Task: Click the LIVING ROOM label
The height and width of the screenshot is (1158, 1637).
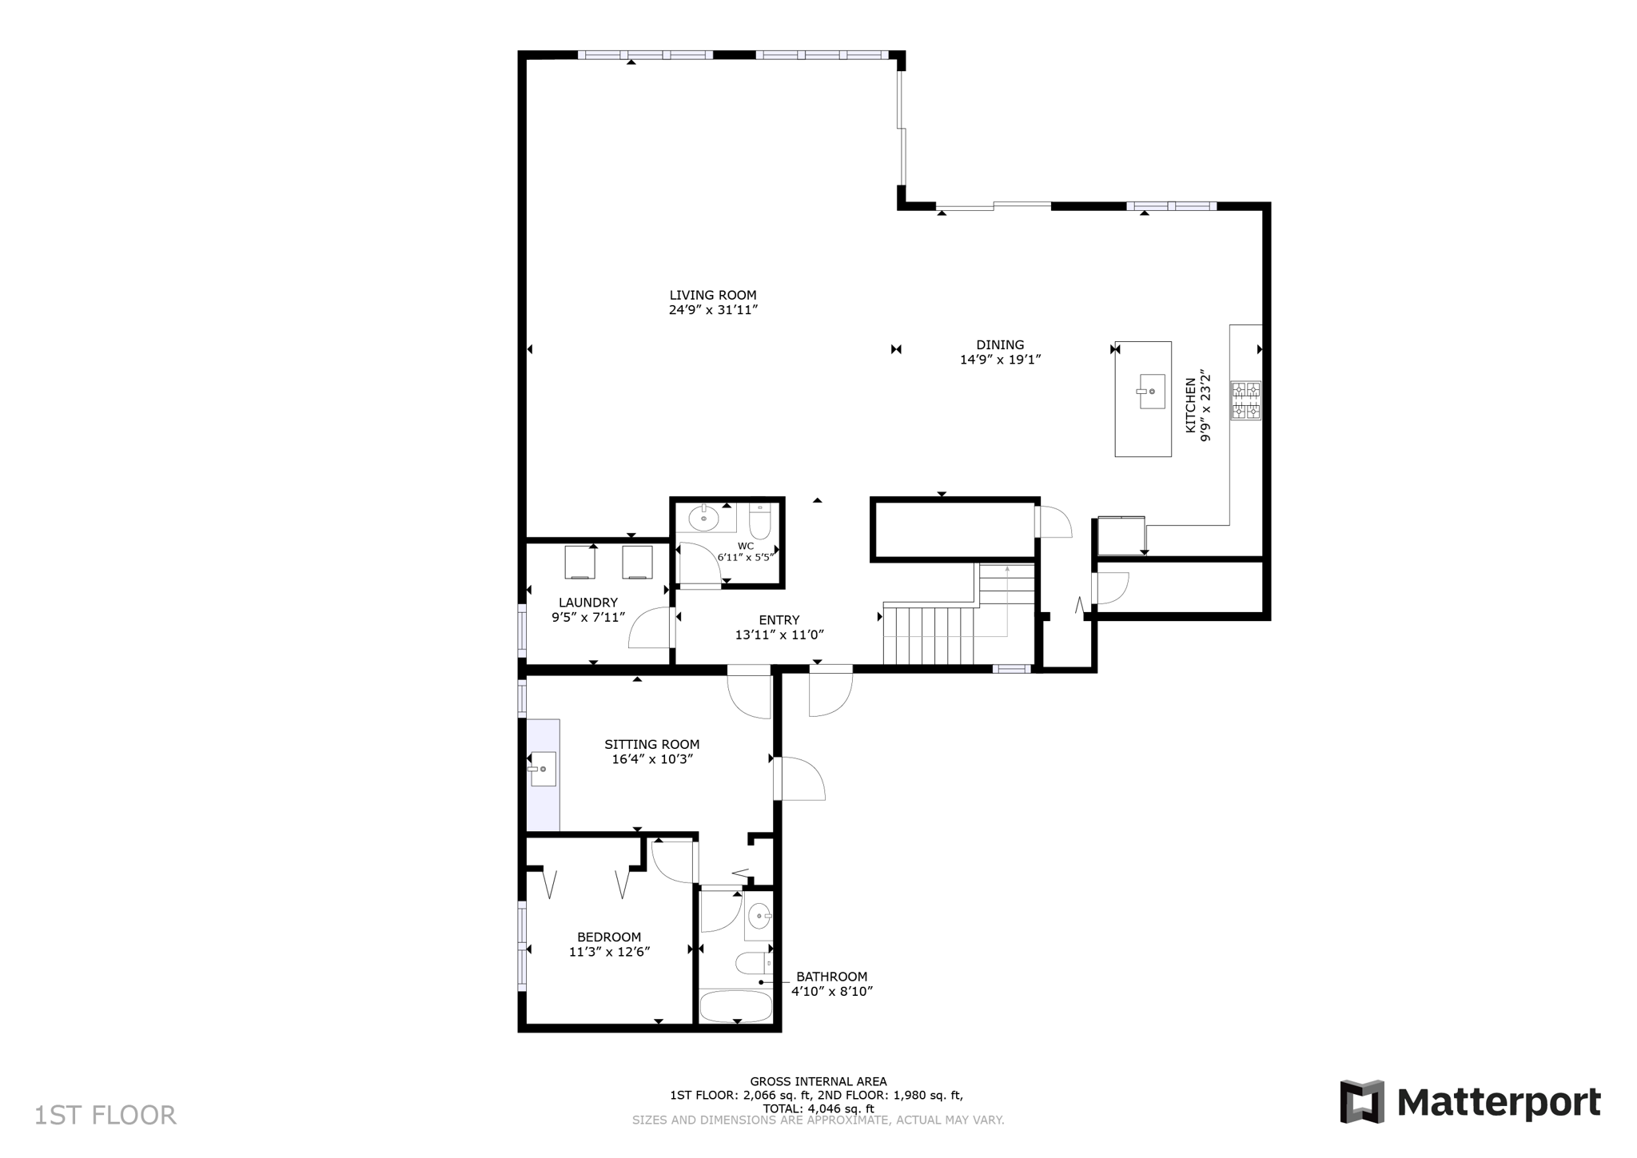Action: pos(712,295)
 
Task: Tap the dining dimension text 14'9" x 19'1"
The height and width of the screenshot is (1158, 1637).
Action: pos(999,360)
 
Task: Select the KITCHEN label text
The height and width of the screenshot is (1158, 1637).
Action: pos(1190,405)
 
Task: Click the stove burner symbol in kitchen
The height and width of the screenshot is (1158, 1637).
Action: pos(1245,400)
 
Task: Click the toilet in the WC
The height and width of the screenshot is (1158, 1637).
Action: pos(759,523)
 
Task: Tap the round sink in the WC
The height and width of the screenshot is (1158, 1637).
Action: pos(703,519)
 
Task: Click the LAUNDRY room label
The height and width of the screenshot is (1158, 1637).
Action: pos(587,603)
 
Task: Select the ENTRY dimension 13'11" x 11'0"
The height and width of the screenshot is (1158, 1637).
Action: pos(779,635)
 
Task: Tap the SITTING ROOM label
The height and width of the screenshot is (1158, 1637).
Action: pos(651,744)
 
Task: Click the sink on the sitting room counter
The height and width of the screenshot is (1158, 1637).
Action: pos(543,769)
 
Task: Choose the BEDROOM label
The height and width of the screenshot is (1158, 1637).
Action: pos(609,937)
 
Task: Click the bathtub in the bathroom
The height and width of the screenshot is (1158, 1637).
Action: pos(736,1006)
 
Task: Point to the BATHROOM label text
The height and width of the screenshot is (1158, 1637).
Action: pos(831,977)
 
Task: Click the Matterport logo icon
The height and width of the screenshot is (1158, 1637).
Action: pos(1361,1102)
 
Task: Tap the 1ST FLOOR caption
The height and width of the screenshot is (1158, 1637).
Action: pos(105,1116)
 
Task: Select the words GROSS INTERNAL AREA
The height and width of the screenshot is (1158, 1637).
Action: pos(817,1082)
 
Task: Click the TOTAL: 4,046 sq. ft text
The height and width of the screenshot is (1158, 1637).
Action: pos(817,1108)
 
